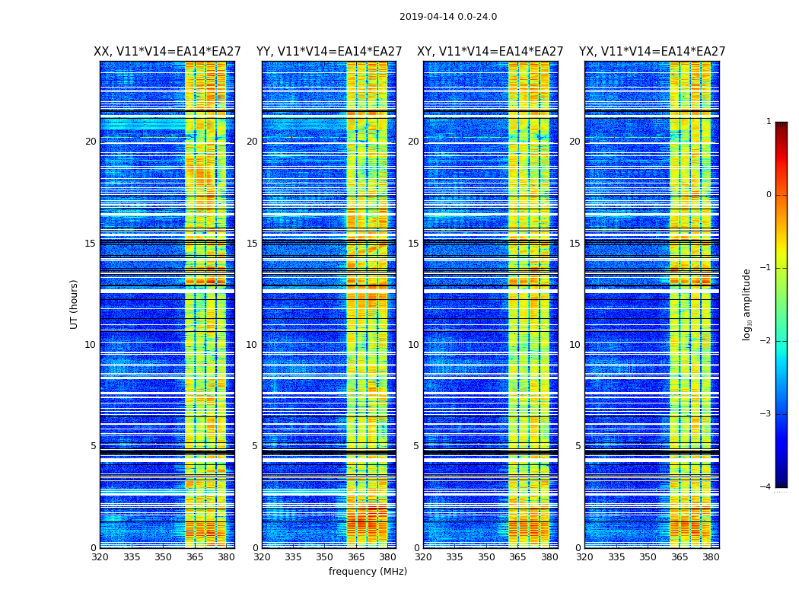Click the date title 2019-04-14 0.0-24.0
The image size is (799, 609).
447,17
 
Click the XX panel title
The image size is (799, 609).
167,52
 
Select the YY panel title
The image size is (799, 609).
329,52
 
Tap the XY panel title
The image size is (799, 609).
490,52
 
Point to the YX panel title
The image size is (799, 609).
652,52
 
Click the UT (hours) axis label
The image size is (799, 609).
75,304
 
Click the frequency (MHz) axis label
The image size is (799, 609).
368,572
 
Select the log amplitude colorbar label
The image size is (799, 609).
747,304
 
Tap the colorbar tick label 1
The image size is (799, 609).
768,122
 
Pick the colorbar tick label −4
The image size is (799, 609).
766,487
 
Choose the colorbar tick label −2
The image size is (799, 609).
766,341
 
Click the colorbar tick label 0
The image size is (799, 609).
768,195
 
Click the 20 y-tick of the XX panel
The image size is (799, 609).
91,142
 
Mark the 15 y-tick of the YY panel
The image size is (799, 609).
251,244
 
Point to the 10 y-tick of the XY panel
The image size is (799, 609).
413,345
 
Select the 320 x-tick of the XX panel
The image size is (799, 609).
100,557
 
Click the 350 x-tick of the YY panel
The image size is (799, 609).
325,557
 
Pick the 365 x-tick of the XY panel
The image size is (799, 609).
517,557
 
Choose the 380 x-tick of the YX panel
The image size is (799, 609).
711,557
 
